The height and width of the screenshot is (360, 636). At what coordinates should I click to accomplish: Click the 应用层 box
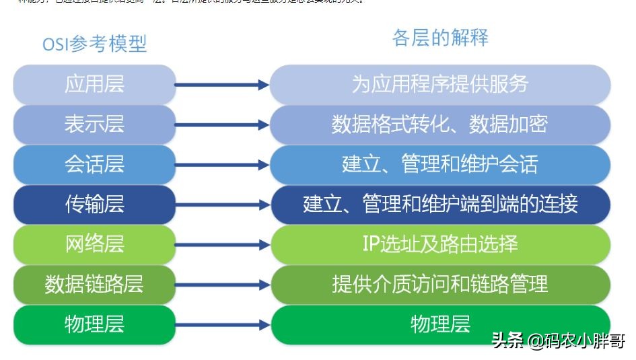click(x=94, y=84)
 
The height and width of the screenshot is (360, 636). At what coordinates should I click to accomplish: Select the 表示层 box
click(x=94, y=124)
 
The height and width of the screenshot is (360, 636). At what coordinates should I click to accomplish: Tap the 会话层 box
click(x=94, y=164)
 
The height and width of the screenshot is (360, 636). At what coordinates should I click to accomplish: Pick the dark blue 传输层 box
click(x=94, y=204)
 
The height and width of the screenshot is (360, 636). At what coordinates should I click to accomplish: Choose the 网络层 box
click(x=94, y=244)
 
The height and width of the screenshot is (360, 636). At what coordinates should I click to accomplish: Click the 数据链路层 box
click(x=94, y=284)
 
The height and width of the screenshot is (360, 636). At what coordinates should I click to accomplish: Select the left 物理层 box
click(x=94, y=324)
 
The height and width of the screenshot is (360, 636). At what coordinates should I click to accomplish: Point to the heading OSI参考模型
click(x=94, y=44)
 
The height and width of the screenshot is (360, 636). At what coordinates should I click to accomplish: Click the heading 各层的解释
click(x=440, y=38)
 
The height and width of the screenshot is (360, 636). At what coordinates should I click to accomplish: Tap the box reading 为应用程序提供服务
click(x=440, y=84)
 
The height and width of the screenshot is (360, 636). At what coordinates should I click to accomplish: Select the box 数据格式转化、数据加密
click(x=440, y=124)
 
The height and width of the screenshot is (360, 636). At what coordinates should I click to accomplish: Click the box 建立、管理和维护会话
click(x=440, y=164)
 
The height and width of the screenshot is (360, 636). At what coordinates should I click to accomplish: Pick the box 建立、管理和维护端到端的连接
click(x=440, y=204)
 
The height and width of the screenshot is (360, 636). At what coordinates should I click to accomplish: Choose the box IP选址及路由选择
click(x=440, y=244)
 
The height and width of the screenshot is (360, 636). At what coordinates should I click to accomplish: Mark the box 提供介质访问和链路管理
click(x=440, y=284)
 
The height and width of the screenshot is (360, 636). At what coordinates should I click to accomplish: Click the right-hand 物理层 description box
click(x=440, y=324)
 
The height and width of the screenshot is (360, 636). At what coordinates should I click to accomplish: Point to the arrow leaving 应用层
click(x=222, y=85)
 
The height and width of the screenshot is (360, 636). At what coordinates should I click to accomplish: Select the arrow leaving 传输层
click(x=222, y=205)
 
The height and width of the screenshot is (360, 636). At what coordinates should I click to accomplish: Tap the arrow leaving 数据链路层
click(x=222, y=285)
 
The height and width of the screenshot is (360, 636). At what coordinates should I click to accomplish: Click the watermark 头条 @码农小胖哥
click(x=559, y=342)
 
